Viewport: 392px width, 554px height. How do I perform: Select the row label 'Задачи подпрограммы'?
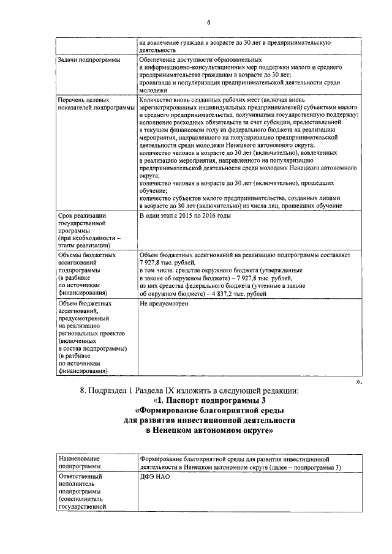click(88, 60)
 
